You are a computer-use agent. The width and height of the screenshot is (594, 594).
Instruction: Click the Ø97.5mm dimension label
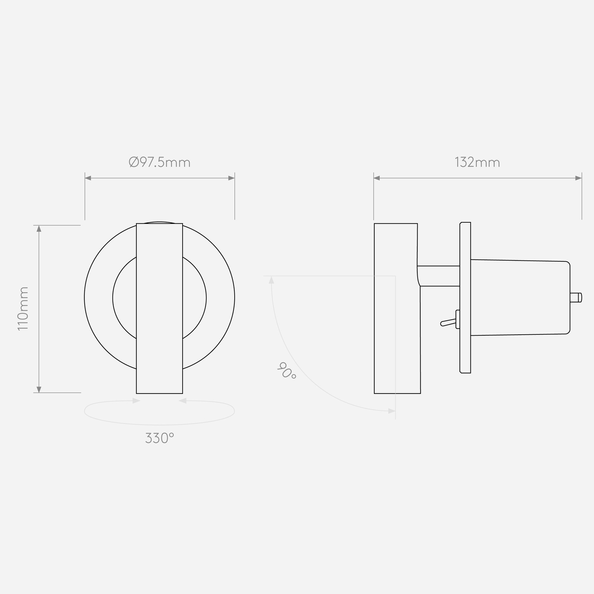click(159, 162)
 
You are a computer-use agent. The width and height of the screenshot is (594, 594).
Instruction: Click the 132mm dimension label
click(477, 162)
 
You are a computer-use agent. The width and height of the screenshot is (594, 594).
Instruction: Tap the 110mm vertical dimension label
click(23, 309)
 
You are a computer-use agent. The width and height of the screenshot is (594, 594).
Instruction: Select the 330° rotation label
click(159, 438)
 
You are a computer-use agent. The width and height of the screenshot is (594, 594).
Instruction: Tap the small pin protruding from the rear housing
click(576, 298)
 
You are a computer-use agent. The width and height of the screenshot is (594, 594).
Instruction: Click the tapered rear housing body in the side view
click(520, 298)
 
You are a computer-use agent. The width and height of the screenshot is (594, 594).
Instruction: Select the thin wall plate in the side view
click(465, 298)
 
